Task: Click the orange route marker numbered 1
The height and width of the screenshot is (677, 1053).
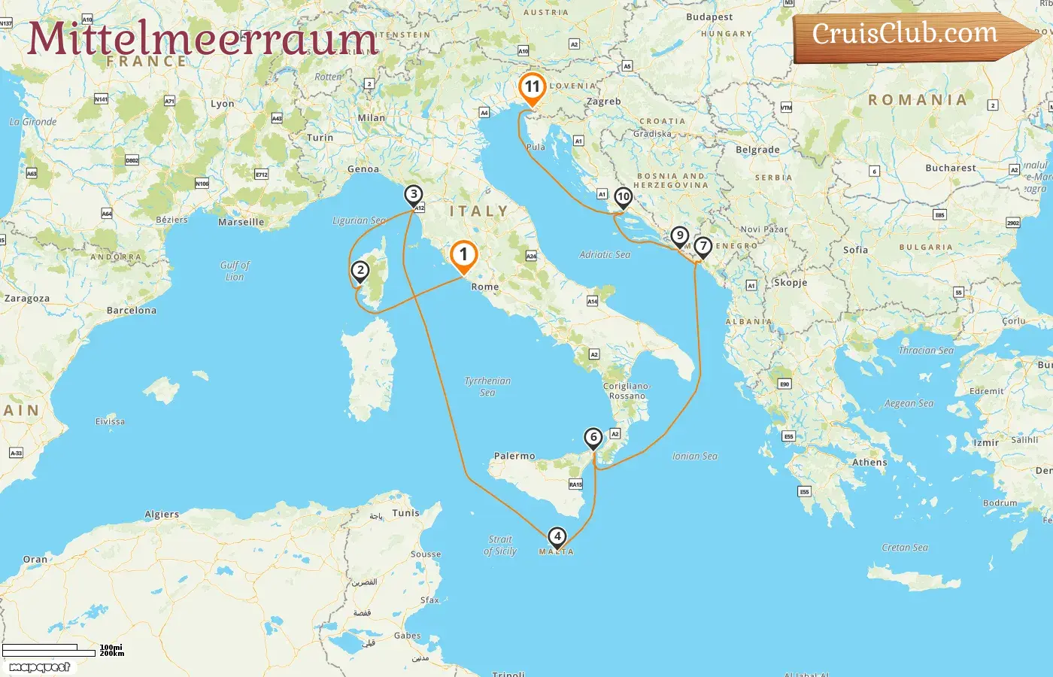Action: pos(463,256)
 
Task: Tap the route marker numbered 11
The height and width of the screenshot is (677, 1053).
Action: pos(532,87)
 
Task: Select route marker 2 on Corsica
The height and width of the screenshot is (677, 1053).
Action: pos(360,271)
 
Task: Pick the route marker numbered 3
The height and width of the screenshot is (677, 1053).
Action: pos(413,195)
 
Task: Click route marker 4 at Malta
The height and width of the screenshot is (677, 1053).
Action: pos(557,537)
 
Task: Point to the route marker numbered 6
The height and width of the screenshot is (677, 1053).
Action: pos(593,438)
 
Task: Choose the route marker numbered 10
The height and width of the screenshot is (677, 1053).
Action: pos(623,198)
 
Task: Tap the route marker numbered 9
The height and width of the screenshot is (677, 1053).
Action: pos(679,236)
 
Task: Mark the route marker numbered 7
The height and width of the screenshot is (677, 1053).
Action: pos(703,247)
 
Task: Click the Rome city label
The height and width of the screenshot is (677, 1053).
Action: pos(485,287)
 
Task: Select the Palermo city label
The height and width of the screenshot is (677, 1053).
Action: pos(514,456)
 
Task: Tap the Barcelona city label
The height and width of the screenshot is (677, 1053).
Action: pos(132,311)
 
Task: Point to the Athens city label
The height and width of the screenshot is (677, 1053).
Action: pos(869,463)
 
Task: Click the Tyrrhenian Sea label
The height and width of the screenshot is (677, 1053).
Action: pos(487,387)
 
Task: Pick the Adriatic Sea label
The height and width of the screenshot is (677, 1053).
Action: pos(605,255)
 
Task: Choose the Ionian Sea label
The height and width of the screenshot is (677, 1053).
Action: pos(694,457)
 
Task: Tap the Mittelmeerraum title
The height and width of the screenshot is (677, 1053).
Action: pos(203,39)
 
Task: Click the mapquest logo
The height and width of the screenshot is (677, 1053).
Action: pos(40,667)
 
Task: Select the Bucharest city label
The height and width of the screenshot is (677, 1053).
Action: pos(951,168)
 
